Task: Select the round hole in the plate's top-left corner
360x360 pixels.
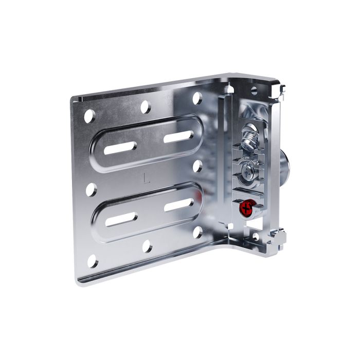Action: tap(89, 116)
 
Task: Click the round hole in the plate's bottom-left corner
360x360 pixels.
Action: tap(93, 261)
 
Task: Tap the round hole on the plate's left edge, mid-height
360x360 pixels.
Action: tap(92, 190)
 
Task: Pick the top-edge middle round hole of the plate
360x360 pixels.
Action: tap(146, 107)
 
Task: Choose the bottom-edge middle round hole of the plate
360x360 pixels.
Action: tap(148, 246)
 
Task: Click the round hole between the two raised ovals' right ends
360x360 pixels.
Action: tap(197, 166)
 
